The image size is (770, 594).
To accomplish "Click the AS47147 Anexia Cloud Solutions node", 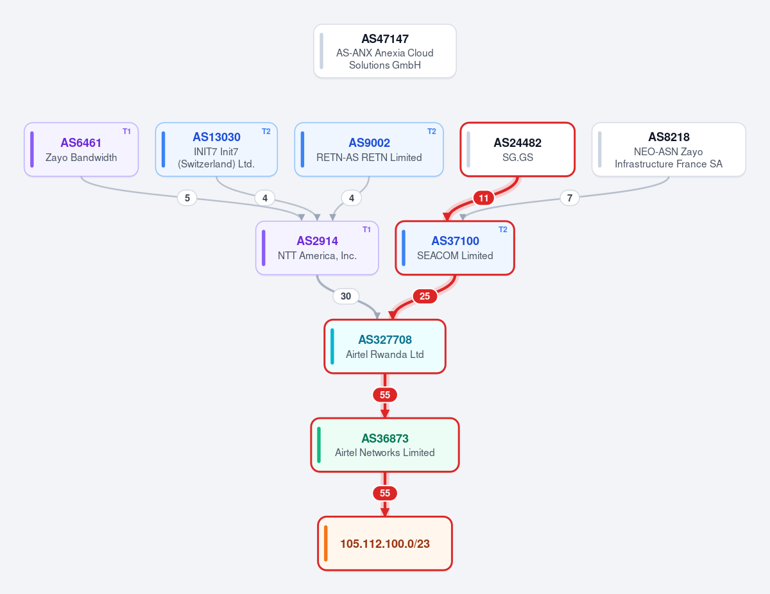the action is [385, 51].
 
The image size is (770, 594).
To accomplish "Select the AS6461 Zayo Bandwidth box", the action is [81, 149].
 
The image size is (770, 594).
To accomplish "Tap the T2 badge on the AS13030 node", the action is [266, 132].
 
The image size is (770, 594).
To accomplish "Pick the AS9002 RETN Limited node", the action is [369, 149].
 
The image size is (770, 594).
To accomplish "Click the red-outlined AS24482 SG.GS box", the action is [518, 149].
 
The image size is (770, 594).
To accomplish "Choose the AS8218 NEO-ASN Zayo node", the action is [669, 149].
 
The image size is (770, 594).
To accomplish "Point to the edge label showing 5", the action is [187, 198].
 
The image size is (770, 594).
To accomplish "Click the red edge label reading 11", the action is [484, 198].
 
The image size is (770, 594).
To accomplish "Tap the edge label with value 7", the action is [570, 198].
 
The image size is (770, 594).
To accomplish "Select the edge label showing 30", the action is [346, 296].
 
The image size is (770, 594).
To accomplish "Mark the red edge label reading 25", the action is [425, 296].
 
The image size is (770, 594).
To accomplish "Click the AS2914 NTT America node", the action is [317, 248].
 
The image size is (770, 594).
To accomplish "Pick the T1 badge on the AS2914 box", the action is [367, 230].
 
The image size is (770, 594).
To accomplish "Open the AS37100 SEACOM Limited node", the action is [455, 248].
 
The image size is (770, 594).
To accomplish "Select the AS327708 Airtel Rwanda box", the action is [385, 346].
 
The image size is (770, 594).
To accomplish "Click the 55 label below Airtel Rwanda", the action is [385, 395].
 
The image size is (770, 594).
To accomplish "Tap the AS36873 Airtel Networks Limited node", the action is [385, 445].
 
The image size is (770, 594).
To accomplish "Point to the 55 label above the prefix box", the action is [385, 493].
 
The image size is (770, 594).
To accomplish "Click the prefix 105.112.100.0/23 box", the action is [385, 543].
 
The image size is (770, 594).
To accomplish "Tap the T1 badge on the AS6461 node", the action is [126, 132].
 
